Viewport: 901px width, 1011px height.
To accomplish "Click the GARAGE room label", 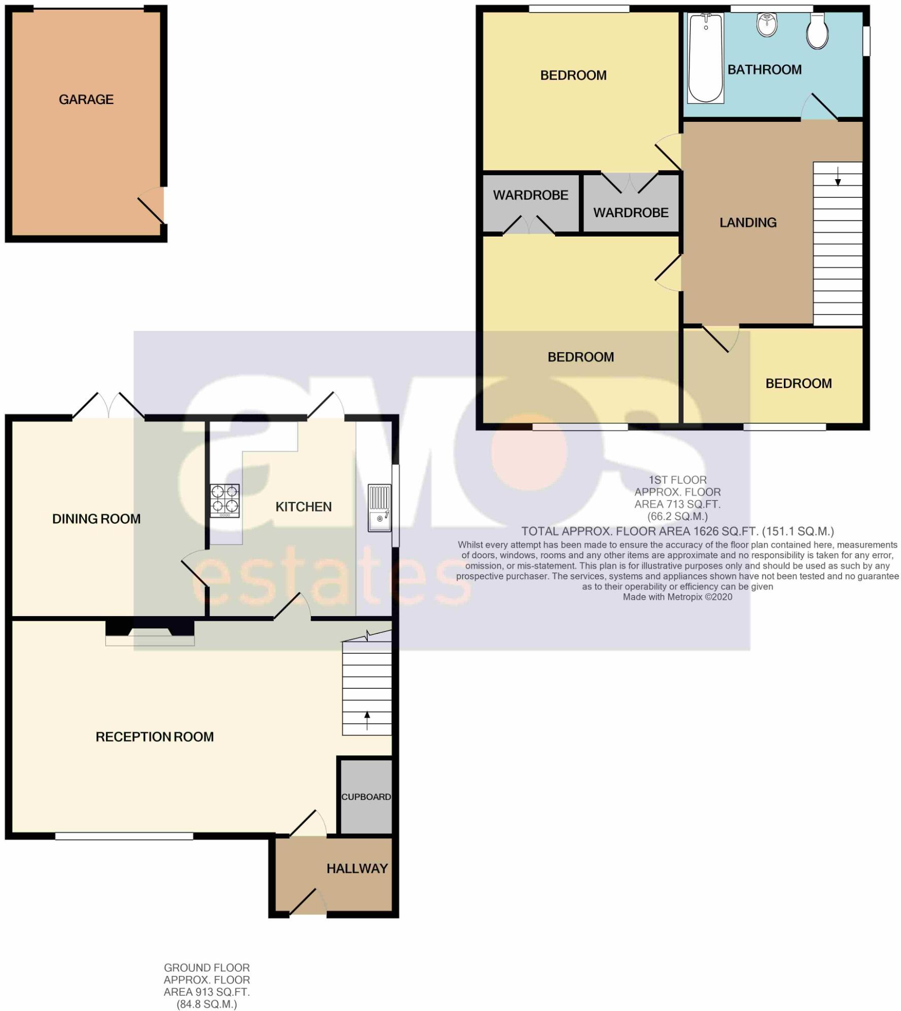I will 86,99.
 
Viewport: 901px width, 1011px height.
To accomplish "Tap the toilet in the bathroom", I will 817,31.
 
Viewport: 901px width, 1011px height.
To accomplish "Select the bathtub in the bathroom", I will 705,57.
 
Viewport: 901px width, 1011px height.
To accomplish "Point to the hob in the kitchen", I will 225,500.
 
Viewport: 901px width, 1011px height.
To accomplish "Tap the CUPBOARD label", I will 366,797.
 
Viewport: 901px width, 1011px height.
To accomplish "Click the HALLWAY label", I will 357,868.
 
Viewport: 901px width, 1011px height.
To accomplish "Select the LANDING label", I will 748,222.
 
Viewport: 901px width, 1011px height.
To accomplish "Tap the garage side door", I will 152,206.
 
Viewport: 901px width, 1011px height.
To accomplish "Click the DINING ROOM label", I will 96,519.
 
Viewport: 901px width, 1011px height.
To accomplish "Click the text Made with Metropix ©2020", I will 677,597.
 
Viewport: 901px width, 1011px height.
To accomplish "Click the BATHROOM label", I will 765,70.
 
